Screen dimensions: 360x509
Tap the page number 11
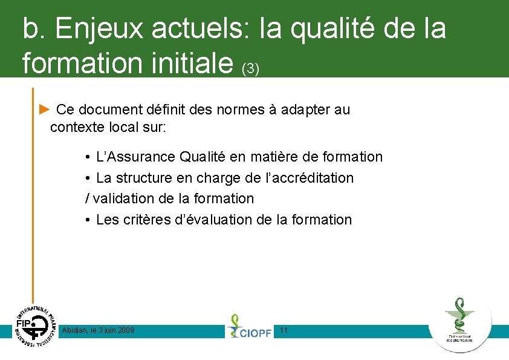pos(284,330)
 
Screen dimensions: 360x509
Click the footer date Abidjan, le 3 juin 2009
pos(98,330)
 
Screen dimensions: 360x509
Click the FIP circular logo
pos(33,327)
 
